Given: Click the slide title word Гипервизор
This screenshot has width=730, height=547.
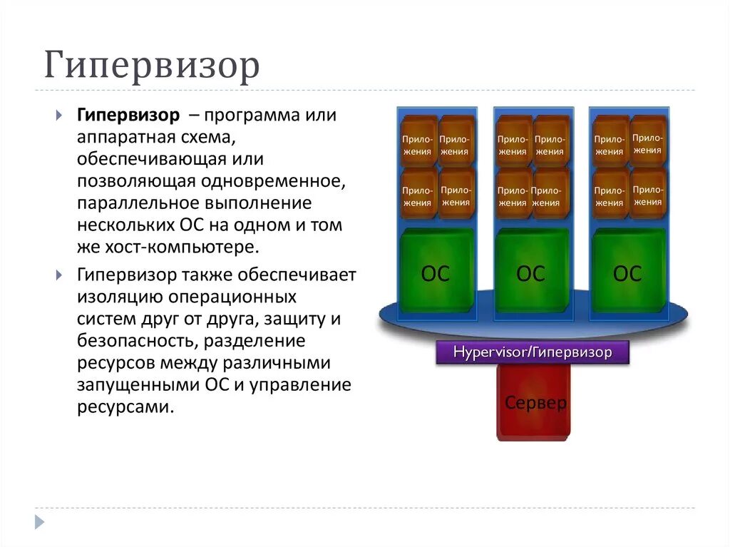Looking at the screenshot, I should pyautogui.click(x=152, y=66).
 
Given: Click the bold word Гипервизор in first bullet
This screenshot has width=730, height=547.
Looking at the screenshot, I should pyautogui.click(x=128, y=116).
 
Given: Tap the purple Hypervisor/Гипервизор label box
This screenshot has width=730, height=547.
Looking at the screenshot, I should pyautogui.click(x=533, y=352).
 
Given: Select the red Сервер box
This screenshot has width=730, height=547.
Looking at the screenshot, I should pyautogui.click(x=535, y=403).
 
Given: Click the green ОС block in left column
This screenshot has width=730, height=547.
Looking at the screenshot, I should pyautogui.click(x=436, y=272).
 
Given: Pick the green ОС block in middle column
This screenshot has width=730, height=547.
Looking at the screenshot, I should pyautogui.click(x=530, y=272).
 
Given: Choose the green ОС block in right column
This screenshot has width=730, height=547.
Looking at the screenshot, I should pyautogui.click(x=627, y=272).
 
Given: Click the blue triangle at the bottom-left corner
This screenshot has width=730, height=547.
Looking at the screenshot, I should pyautogui.click(x=39, y=521).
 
